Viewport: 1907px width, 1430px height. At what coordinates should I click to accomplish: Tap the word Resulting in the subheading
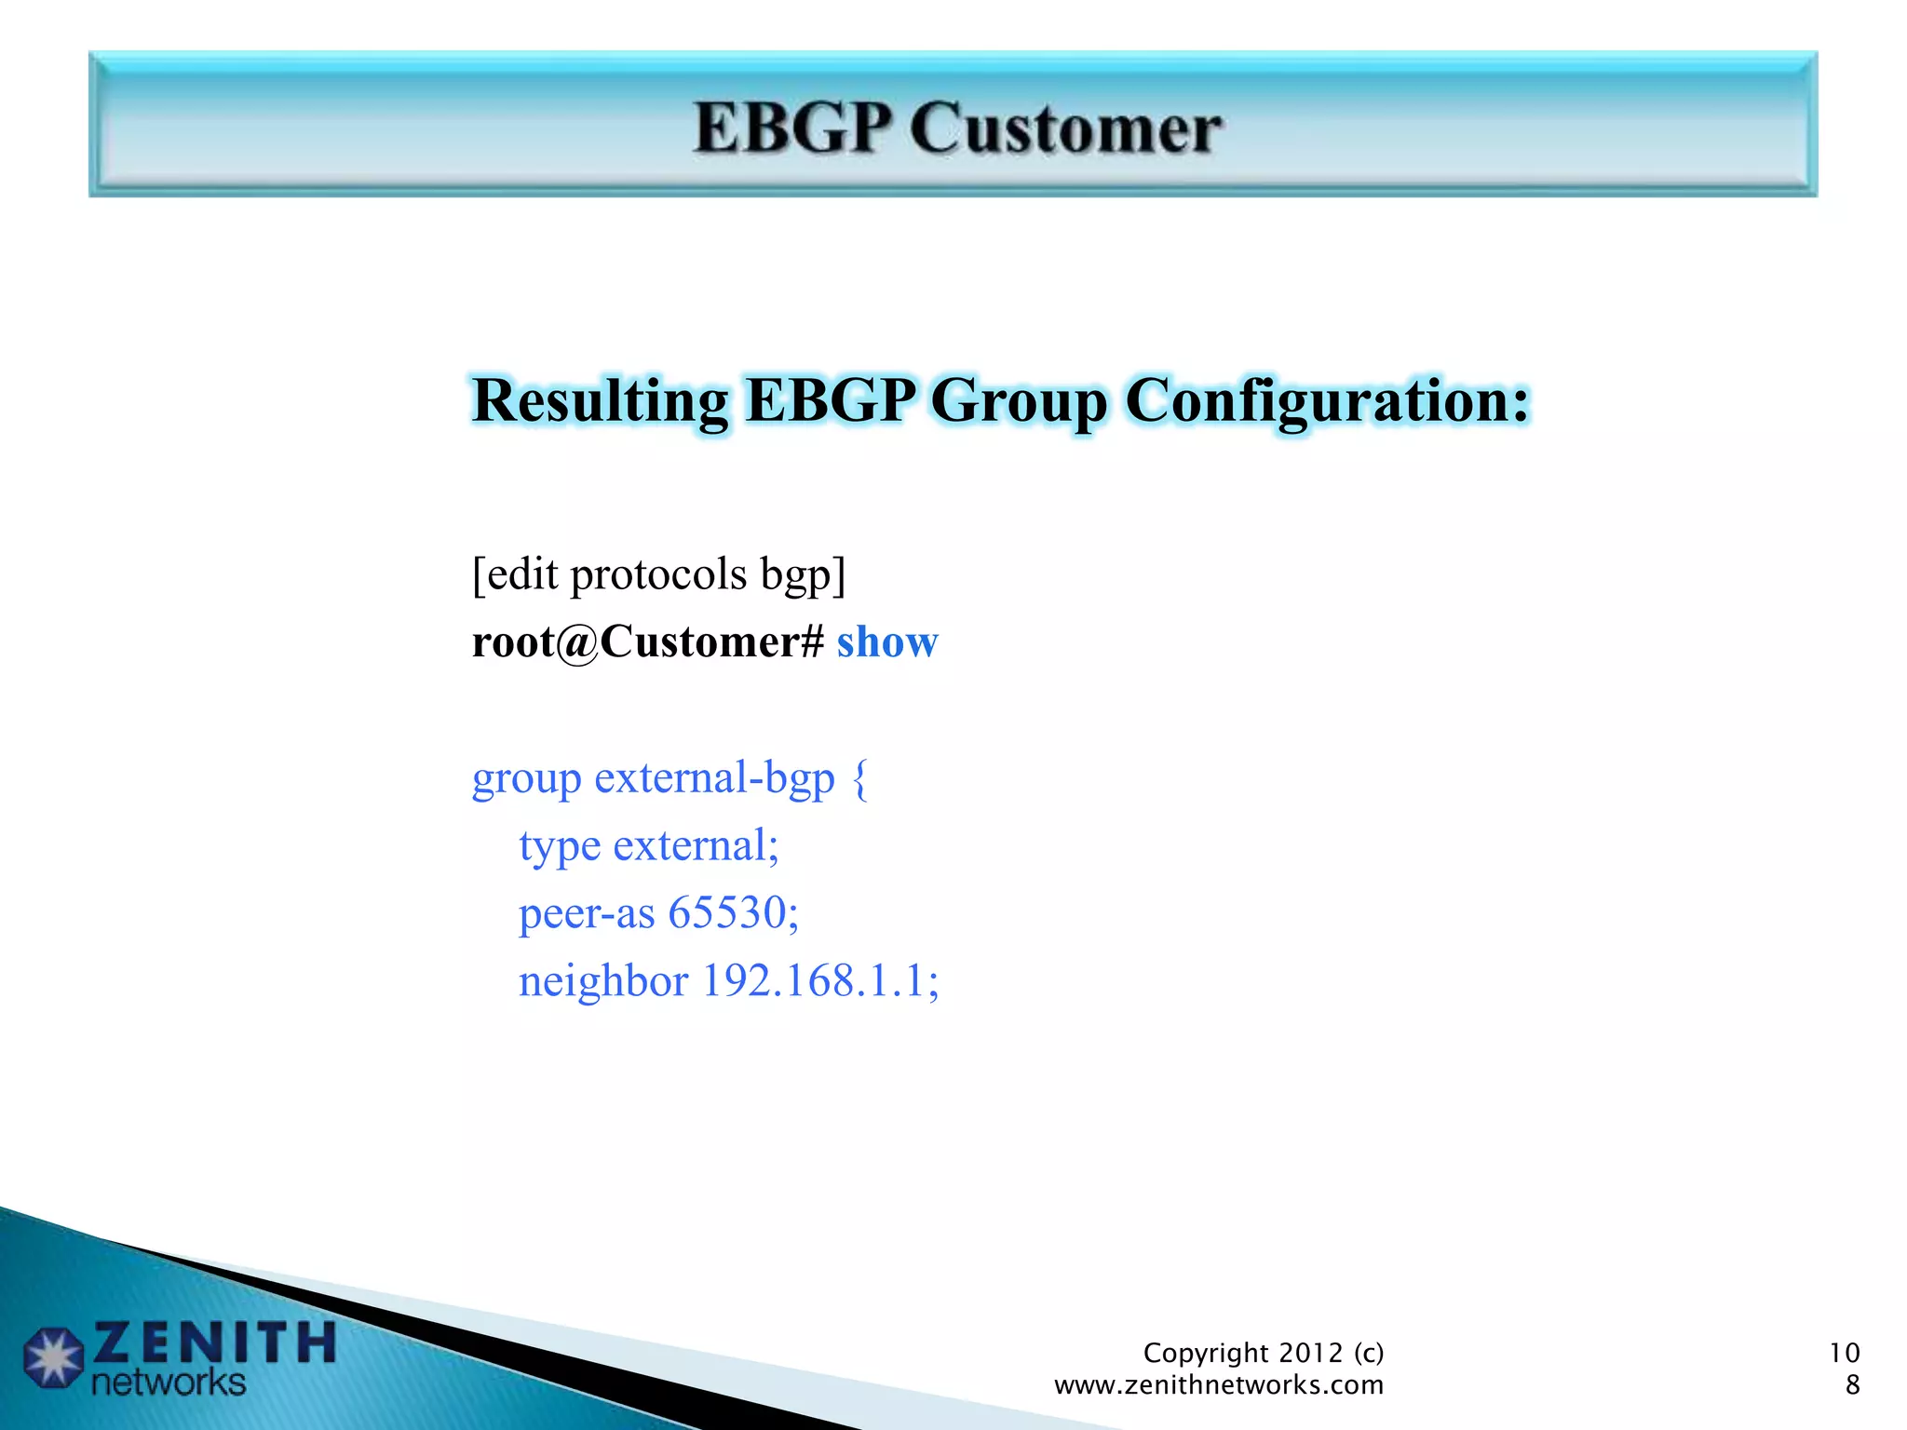600,402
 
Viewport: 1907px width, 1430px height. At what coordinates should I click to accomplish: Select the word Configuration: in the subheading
1327,402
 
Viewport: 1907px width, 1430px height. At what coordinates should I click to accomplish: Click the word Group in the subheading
1019,402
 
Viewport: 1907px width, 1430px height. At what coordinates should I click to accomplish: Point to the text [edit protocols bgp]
658,574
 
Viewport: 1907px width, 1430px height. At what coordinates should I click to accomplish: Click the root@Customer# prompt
648,642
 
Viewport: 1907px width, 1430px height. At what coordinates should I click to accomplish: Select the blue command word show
887,642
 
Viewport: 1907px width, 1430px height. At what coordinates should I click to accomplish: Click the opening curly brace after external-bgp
860,778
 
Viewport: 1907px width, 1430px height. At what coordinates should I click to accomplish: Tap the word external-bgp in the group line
714,778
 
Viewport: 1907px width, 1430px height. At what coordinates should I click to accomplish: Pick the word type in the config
560,847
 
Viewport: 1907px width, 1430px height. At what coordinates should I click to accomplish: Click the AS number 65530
733,912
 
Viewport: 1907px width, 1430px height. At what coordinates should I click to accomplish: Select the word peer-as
587,913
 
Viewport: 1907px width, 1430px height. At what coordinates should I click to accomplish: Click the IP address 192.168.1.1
820,981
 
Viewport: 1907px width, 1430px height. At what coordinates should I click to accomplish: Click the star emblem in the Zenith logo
53,1356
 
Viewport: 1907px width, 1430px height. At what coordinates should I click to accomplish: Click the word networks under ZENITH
169,1383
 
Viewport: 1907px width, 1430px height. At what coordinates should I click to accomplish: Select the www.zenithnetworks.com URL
1218,1385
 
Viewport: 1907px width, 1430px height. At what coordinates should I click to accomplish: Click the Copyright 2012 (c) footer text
1263,1353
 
